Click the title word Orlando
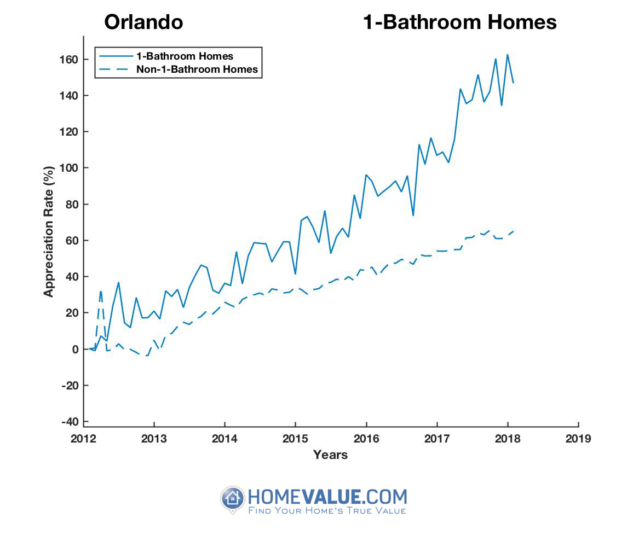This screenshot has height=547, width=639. (143, 22)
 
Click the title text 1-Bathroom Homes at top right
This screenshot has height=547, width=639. (460, 22)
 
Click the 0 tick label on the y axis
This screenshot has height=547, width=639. (76, 349)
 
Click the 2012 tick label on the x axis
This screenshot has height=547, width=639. (83, 438)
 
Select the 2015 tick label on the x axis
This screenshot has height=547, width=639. (296, 438)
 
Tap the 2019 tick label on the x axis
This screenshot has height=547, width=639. (578, 438)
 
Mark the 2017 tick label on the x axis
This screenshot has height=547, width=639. (437, 438)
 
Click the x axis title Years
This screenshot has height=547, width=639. (330, 455)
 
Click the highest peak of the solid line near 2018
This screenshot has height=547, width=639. (507, 55)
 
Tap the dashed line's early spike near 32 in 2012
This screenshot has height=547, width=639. (101, 291)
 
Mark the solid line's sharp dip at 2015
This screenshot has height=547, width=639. (295, 273)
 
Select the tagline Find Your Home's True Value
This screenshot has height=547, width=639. (327, 511)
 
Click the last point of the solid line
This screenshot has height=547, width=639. (513, 83)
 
